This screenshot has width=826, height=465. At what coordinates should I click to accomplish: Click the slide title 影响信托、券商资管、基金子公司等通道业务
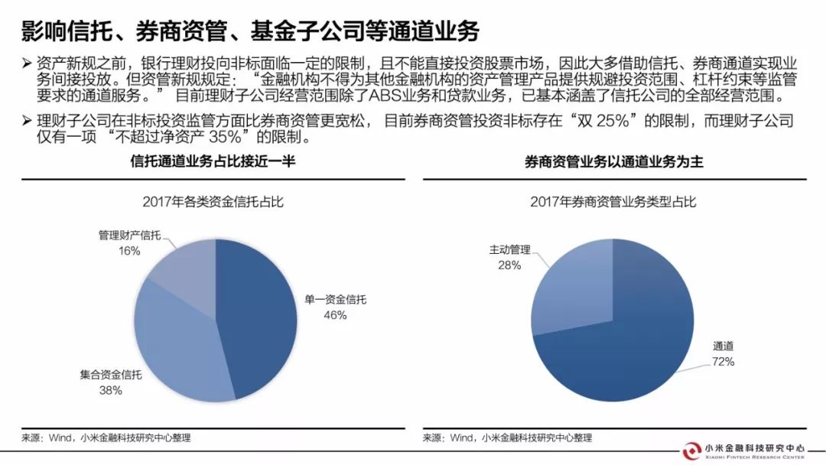(x=250, y=31)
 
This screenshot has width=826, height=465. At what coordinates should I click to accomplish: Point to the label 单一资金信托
(x=334, y=300)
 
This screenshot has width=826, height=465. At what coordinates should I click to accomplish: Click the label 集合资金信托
(x=110, y=376)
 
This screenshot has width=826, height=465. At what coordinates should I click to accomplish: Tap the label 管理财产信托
(x=129, y=236)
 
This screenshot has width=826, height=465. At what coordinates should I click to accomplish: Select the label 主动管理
(x=510, y=250)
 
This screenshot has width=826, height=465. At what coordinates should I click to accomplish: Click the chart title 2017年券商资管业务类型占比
(x=613, y=202)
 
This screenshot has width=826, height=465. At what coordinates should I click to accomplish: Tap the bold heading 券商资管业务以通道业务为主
(x=613, y=162)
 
